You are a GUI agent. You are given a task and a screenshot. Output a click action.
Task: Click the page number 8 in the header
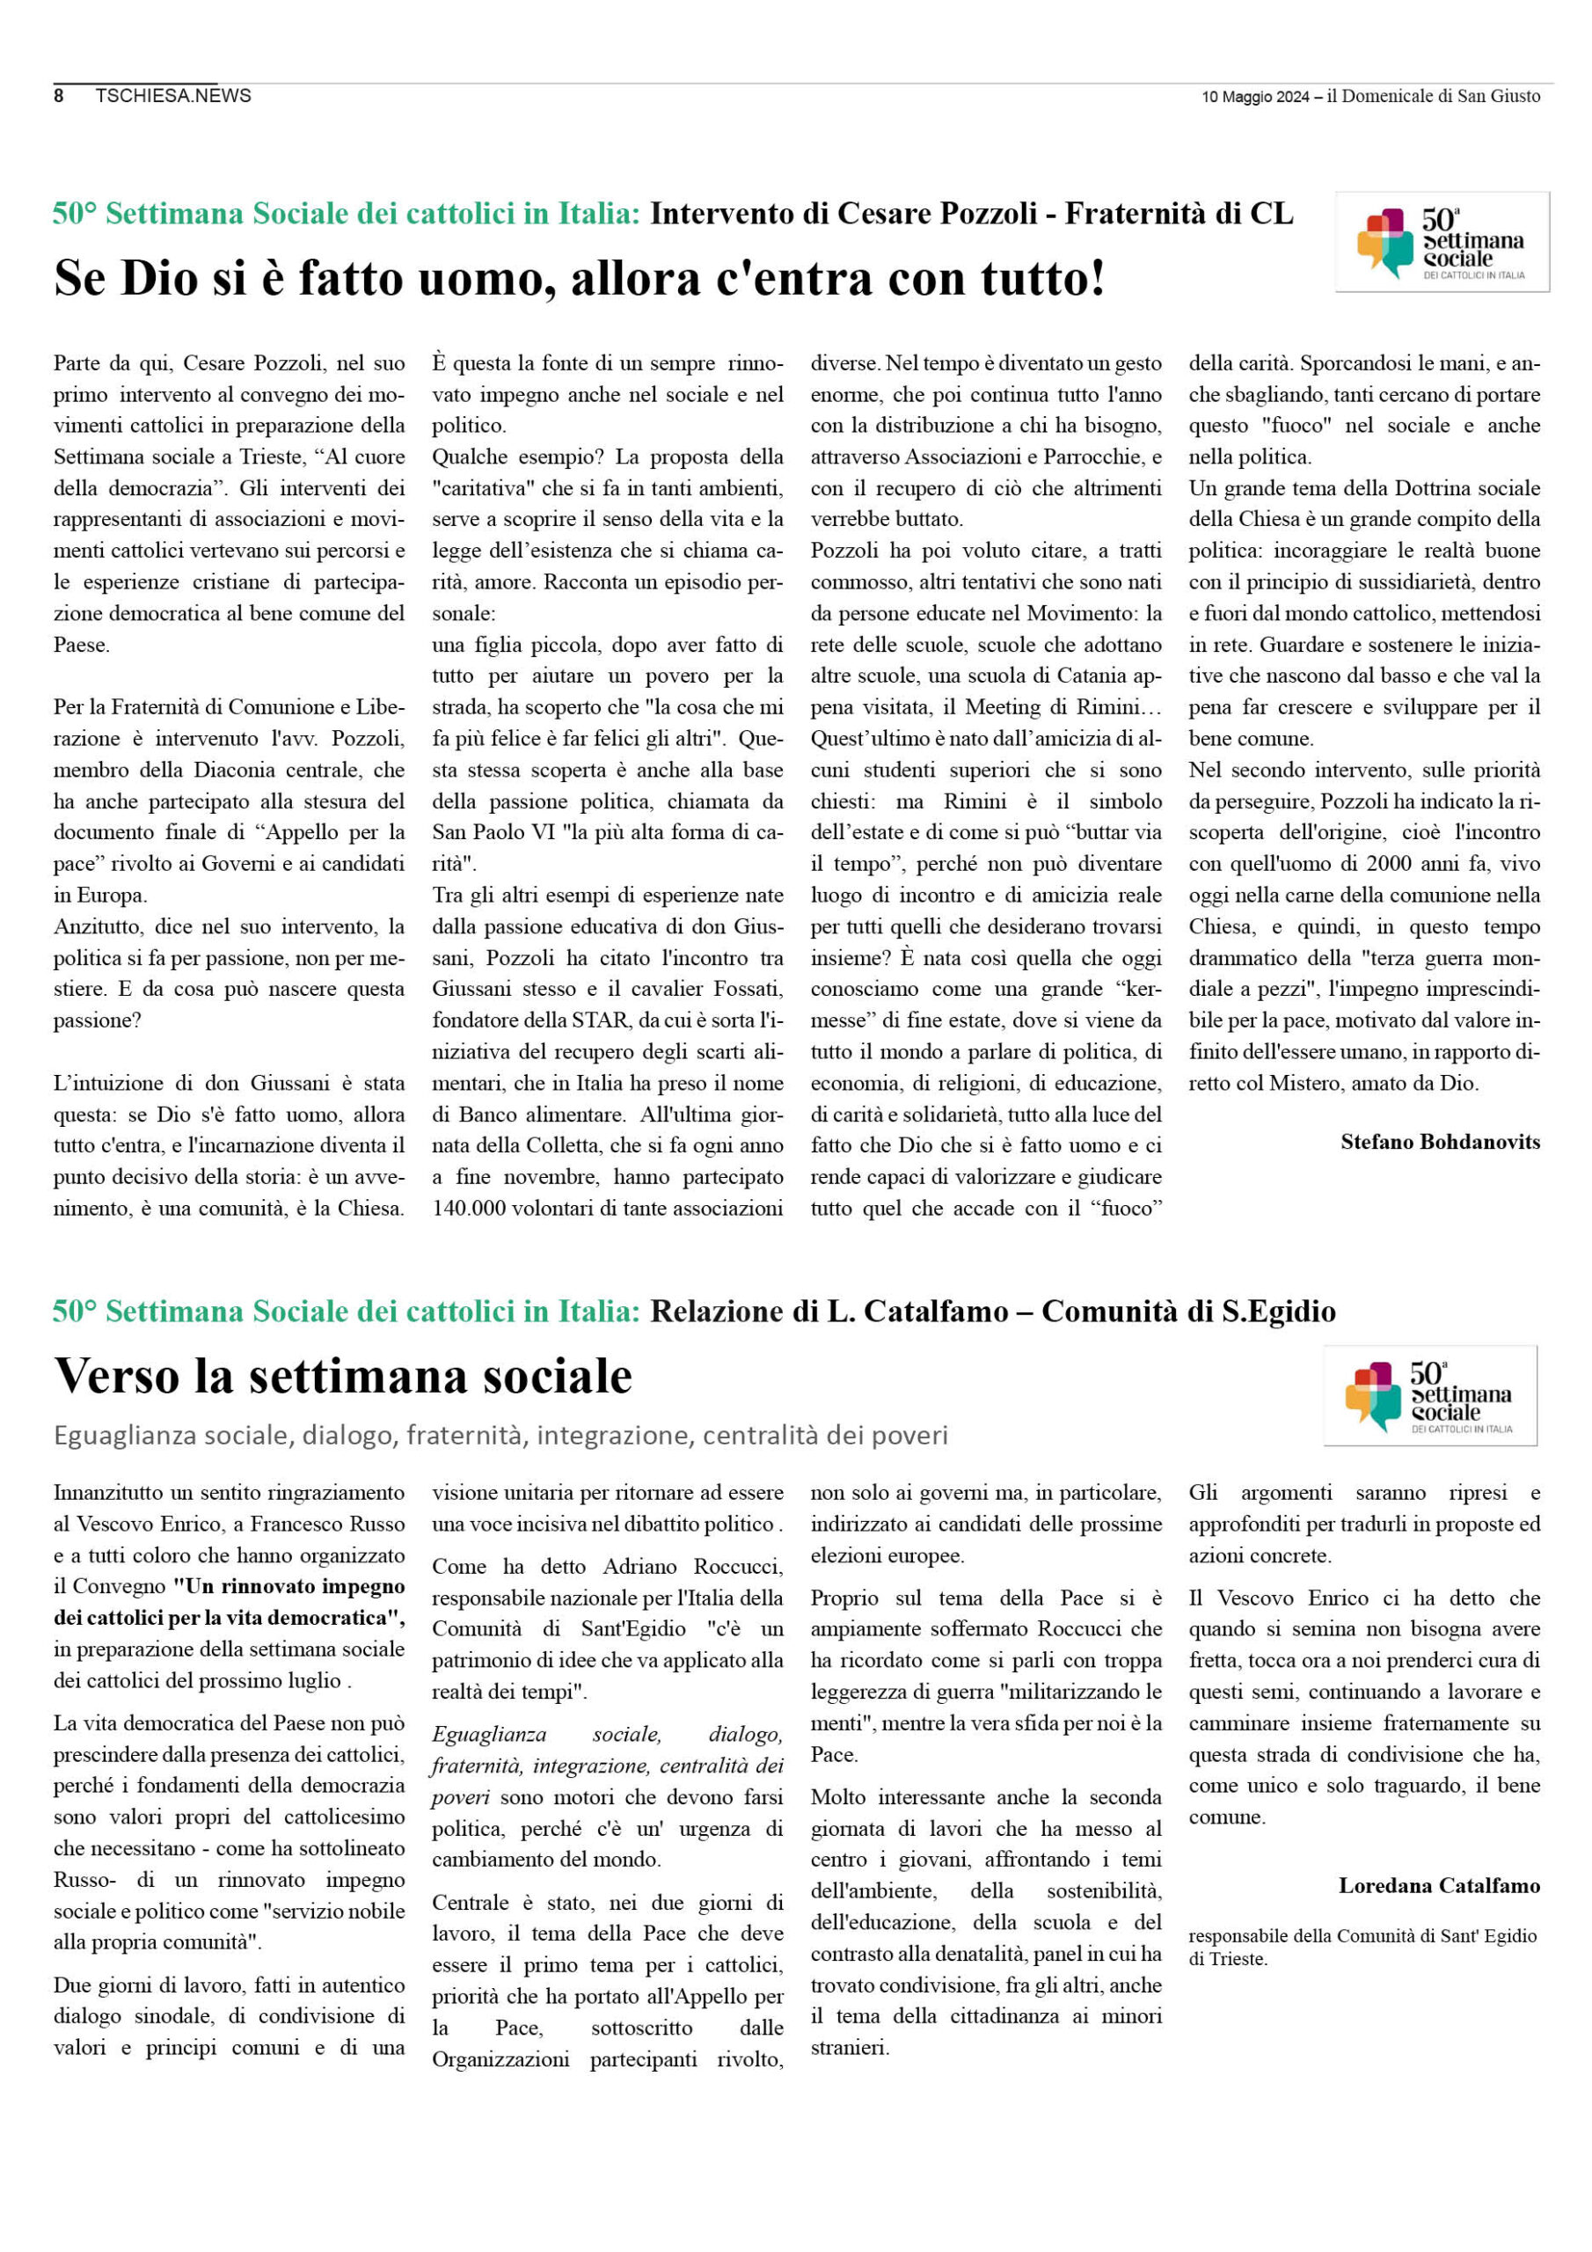click(59, 95)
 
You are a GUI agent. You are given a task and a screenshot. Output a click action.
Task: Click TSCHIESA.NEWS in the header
click(172, 95)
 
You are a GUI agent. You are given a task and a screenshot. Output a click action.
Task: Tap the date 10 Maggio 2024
click(1254, 96)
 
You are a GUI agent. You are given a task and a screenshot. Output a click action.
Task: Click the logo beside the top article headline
click(1441, 242)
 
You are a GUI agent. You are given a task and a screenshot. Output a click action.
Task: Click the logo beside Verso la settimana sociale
click(1429, 1396)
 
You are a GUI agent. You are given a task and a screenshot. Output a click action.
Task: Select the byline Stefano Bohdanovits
click(1439, 1142)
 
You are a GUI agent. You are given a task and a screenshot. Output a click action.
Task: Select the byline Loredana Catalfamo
click(1438, 1885)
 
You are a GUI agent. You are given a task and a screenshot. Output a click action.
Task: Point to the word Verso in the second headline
click(118, 1376)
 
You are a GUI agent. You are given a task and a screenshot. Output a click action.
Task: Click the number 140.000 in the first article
click(470, 1209)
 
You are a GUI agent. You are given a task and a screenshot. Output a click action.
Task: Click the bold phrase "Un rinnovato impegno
click(288, 1586)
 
